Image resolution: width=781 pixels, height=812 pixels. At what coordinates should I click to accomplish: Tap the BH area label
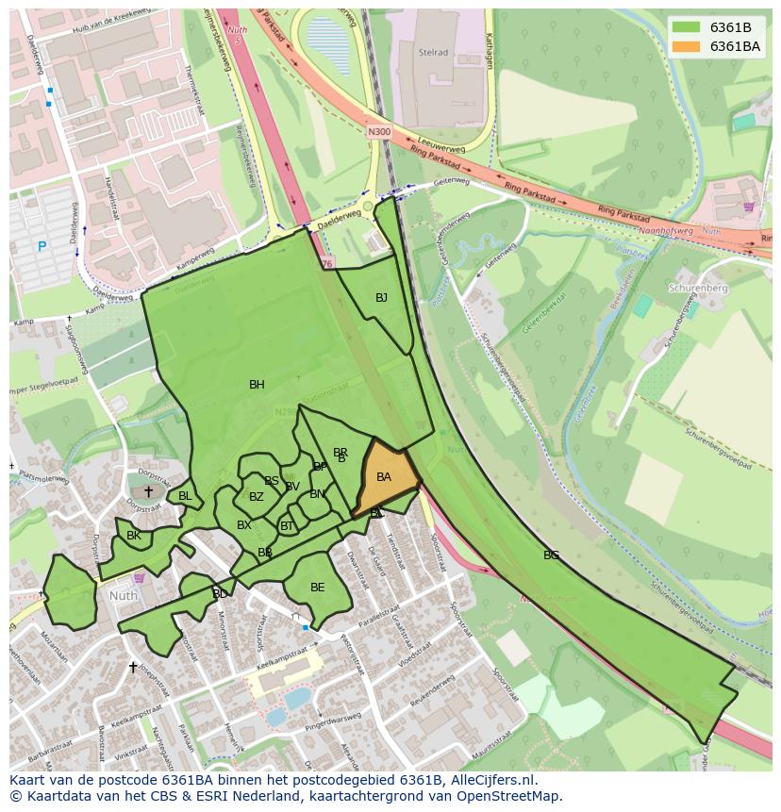pos(257,385)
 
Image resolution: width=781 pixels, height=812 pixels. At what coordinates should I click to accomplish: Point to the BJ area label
pos(381,298)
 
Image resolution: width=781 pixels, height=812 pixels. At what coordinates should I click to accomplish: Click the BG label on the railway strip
pos(551,555)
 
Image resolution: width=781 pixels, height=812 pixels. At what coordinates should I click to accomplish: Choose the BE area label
pos(318,588)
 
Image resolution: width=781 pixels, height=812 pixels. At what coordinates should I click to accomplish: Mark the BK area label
pos(134,536)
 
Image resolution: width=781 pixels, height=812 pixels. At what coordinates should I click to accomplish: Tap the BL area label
pos(185,496)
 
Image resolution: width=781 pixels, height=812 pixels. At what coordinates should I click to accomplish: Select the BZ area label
pos(257,497)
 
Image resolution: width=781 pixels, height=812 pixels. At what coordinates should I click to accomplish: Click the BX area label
pos(244,525)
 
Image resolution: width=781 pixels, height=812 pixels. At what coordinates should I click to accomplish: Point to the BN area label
pos(317,494)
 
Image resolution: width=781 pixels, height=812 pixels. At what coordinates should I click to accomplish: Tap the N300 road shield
pos(378,132)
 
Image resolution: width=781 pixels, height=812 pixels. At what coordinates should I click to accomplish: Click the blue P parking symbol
pos(42,247)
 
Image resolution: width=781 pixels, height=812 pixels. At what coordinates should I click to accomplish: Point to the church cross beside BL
pos(148,491)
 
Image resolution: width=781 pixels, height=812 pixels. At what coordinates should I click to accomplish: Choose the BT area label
pos(287,526)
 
